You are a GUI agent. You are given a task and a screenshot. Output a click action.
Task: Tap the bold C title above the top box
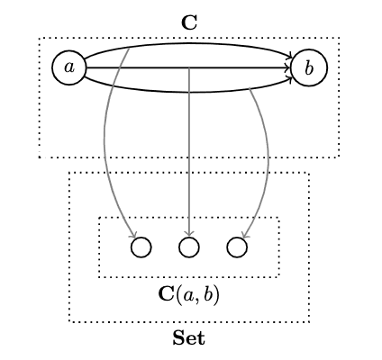click(189, 22)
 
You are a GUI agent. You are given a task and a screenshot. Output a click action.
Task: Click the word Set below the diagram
click(189, 337)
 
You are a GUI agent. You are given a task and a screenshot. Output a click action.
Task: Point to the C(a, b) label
click(189, 295)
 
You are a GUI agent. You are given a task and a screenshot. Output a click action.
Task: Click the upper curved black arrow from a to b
click(189, 44)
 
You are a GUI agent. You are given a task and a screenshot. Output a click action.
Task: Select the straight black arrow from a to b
click(188, 67)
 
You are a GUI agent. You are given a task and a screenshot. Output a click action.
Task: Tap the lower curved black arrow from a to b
click(189, 92)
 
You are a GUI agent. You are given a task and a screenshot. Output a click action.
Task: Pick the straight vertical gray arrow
click(189, 152)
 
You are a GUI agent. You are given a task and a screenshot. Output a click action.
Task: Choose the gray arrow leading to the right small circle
click(268, 156)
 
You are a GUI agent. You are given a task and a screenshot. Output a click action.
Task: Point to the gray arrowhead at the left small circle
click(134, 235)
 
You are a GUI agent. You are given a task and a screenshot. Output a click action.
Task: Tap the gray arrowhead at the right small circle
click(245, 235)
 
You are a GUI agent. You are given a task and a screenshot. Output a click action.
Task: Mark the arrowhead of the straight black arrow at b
click(288, 67)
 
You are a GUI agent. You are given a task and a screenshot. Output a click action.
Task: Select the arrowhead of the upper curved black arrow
click(290, 56)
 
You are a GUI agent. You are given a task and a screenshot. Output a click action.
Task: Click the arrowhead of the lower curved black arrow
click(290, 80)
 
